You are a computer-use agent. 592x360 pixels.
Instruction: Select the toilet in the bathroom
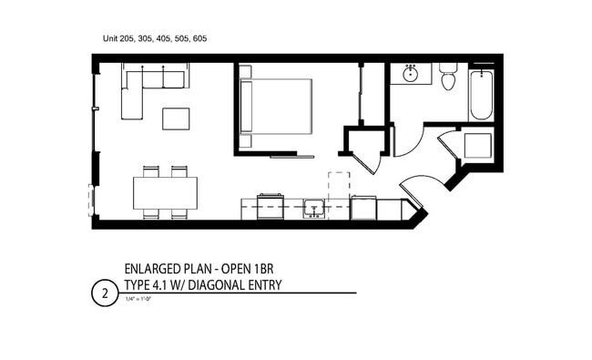tap(446, 78)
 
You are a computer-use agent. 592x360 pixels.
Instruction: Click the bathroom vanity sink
tap(410, 73)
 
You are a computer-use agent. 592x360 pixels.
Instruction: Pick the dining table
tap(165, 192)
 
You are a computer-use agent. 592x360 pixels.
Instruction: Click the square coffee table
tap(176, 118)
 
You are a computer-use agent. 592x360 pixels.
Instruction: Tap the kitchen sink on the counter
tap(313, 209)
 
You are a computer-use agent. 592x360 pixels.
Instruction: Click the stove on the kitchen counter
tap(270, 207)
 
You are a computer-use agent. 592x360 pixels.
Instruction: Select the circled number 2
tap(105, 293)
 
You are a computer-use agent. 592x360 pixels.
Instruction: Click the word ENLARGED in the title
tap(150, 270)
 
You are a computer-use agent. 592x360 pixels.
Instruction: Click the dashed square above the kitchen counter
tap(338, 183)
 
